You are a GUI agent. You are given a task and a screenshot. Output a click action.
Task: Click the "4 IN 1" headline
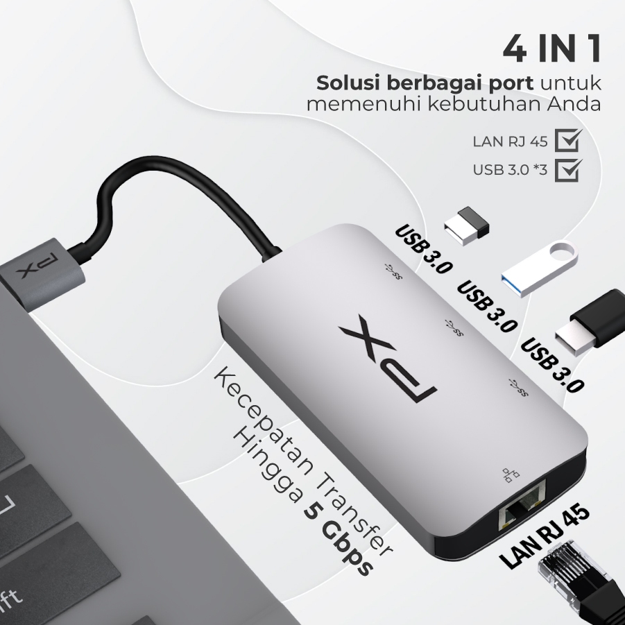coord(551,49)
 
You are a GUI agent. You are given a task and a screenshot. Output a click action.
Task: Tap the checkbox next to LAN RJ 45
coord(567,140)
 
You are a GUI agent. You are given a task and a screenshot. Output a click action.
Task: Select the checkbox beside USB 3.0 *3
coord(567,170)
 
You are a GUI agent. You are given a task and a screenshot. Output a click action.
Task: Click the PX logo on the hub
coord(388,359)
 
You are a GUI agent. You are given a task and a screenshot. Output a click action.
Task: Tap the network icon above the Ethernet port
coord(511,475)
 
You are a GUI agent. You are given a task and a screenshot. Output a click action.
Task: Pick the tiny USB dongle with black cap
coord(466,225)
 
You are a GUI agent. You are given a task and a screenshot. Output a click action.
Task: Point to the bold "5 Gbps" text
coord(339,540)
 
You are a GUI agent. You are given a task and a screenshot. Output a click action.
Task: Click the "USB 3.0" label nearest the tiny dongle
coord(423,249)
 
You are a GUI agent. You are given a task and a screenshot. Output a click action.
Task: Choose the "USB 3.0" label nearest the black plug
coord(552,365)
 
